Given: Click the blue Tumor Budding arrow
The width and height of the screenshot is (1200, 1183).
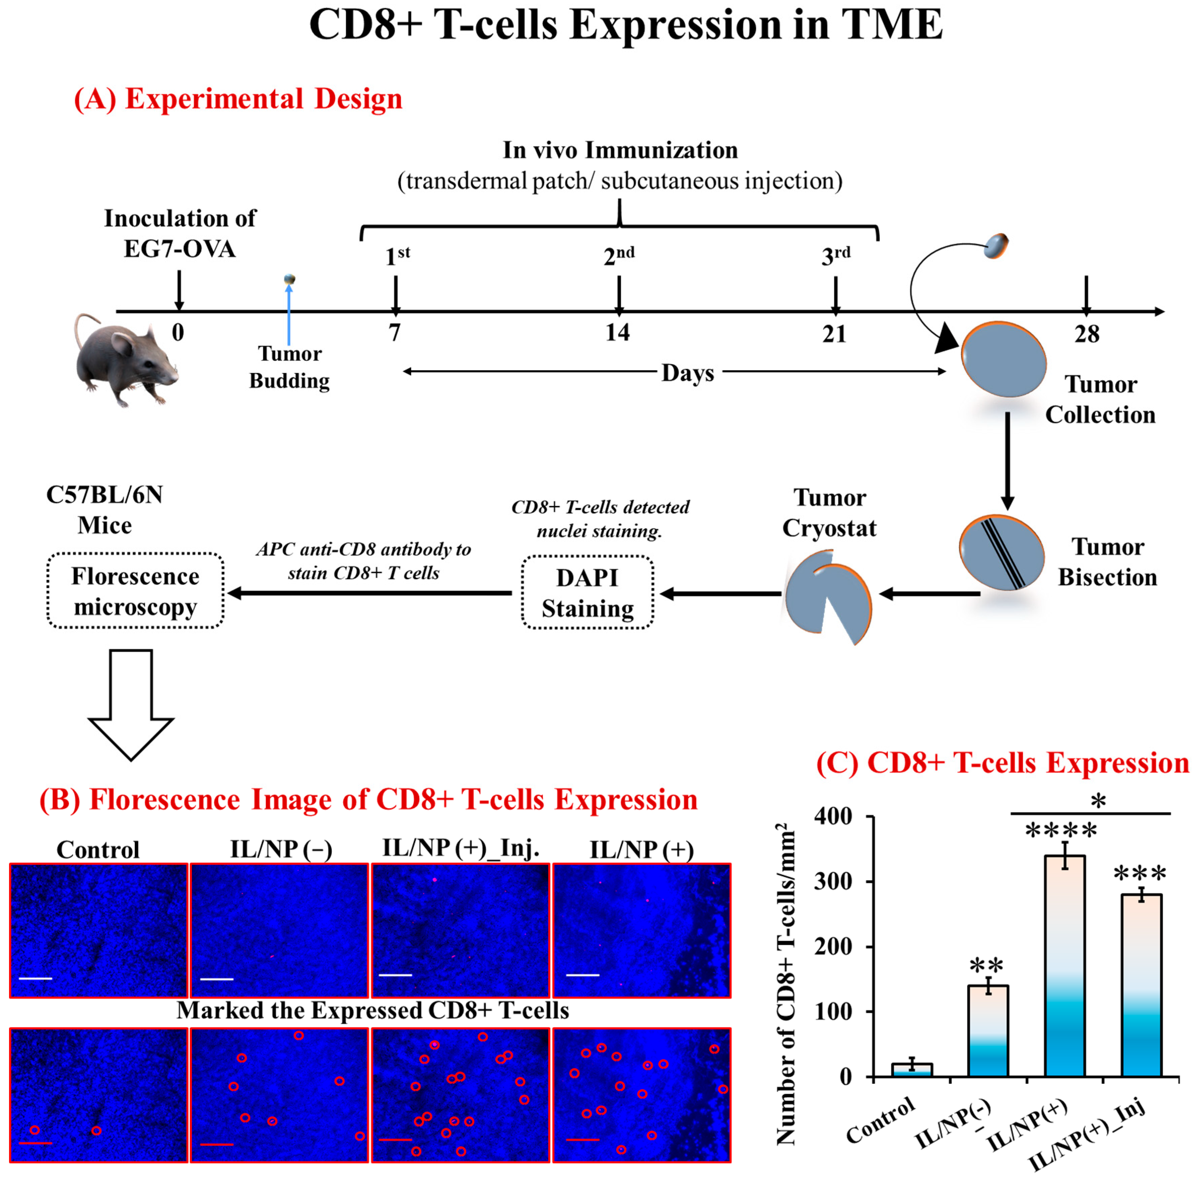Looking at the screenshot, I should point(289,314).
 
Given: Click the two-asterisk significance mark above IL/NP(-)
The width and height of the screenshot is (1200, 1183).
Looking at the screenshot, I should point(986,966).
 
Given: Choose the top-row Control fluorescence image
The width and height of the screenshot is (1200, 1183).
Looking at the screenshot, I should point(98,930).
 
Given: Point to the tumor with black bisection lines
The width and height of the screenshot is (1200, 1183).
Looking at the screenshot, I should point(1001,552).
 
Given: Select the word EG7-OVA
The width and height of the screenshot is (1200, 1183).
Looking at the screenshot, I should point(179,249).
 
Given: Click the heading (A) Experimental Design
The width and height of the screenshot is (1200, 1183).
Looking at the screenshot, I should point(238,99).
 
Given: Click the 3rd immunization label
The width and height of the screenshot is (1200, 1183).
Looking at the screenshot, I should point(835,255).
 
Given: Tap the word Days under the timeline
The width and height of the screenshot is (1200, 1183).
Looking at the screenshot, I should point(688,373).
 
